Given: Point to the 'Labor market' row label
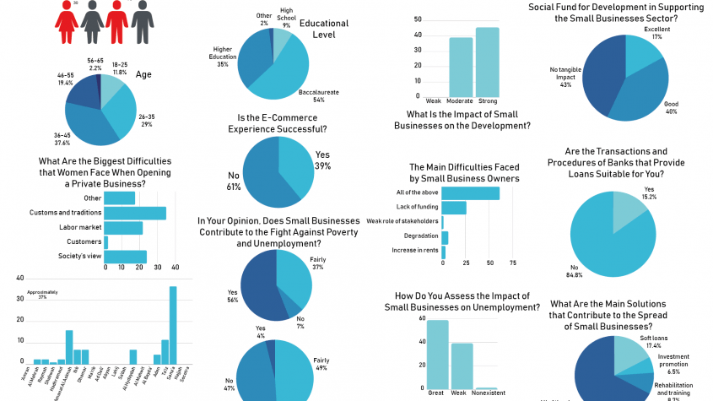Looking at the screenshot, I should pyautogui.click(x=80, y=228).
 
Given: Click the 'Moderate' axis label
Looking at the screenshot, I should pyautogui.click(x=461, y=101).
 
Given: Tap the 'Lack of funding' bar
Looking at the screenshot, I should pyautogui.click(x=454, y=208).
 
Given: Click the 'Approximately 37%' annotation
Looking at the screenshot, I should pyautogui.click(x=39, y=295).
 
